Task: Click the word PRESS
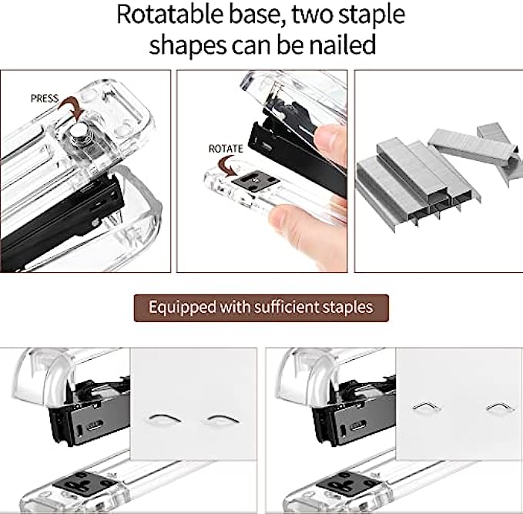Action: (x=45, y=99)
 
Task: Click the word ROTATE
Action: (x=226, y=149)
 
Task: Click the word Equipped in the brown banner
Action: (x=182, y=307)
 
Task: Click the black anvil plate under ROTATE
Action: (x=256, y=181)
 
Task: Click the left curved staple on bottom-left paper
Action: (x=164, y=419)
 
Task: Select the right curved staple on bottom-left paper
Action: (x=222, y=419)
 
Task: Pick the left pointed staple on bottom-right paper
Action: (x=426, y=407)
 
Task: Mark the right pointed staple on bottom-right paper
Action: (x=500, y=407)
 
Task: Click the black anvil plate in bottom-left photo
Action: (x=85, y=483)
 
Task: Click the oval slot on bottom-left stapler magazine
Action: (x=95, y=425)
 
